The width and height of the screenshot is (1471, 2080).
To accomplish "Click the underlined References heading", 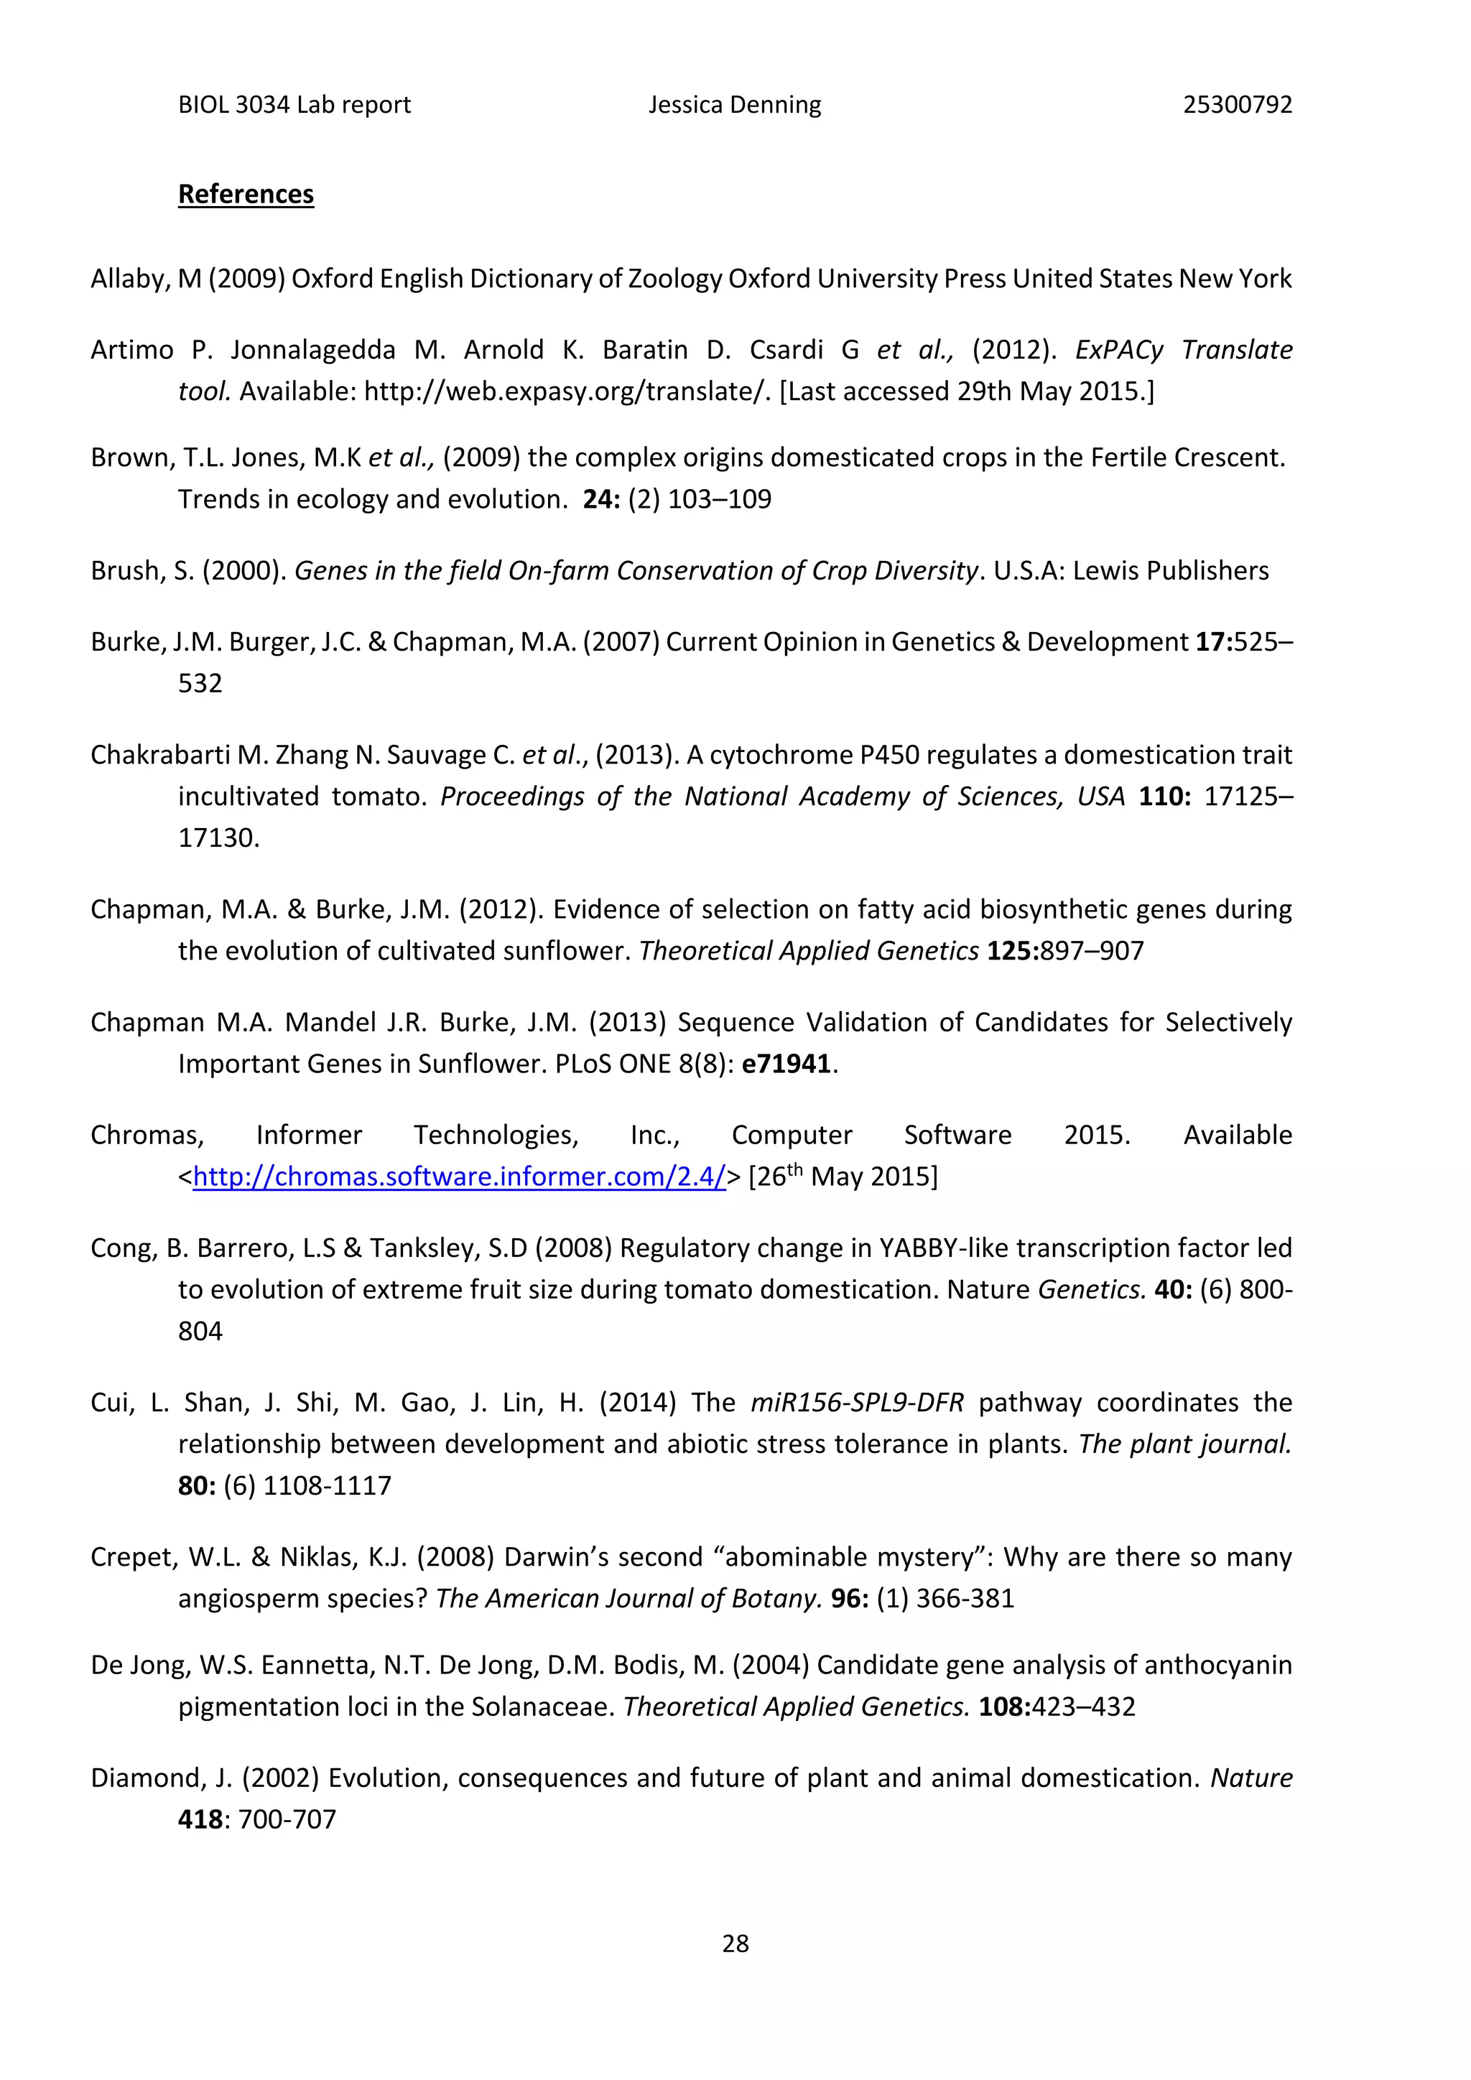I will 246,194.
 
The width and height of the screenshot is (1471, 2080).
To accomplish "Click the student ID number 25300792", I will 1238,105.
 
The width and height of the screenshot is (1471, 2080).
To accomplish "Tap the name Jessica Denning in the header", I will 735,105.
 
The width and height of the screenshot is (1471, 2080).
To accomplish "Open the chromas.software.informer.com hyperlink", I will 459,1176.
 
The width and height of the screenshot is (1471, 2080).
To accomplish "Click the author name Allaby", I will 127,279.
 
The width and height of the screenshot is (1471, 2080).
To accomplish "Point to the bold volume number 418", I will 200,1819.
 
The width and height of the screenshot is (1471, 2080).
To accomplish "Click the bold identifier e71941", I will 785,1064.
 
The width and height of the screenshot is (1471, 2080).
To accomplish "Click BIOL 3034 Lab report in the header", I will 294,105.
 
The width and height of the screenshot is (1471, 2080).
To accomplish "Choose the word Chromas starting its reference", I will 147,1135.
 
